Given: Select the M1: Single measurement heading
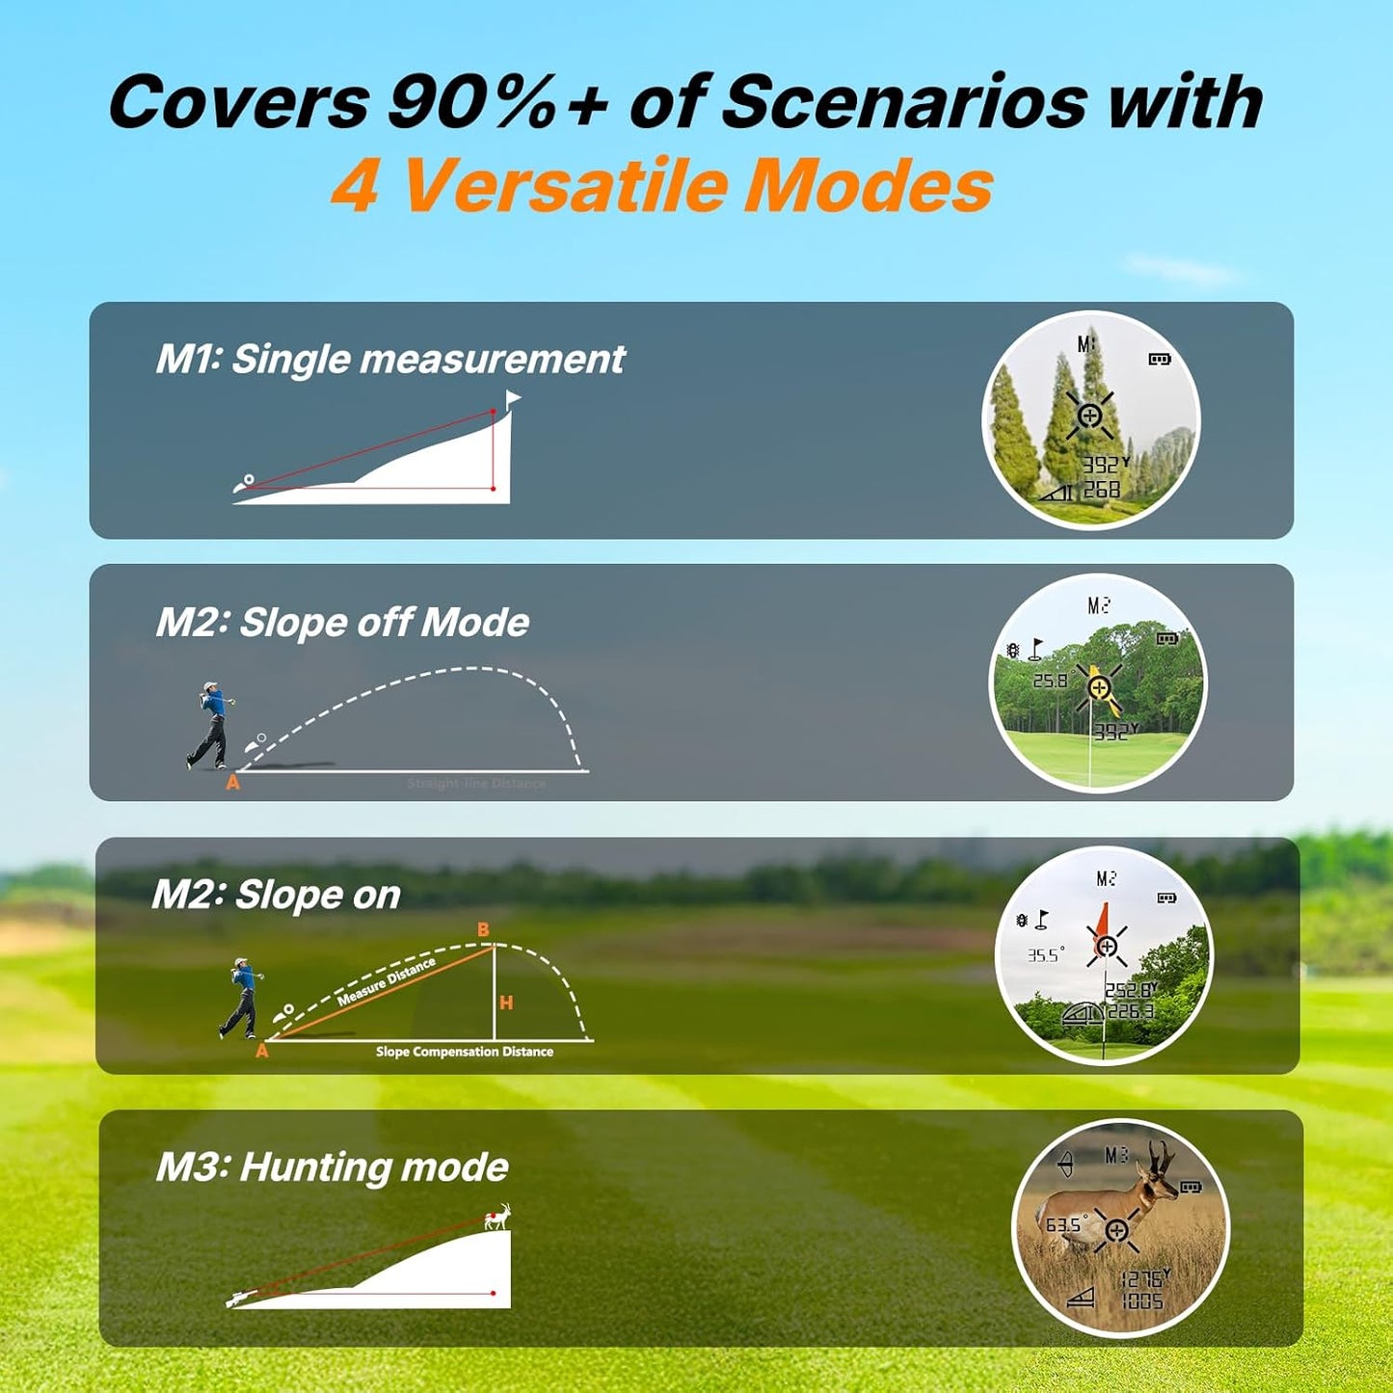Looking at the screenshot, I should [389, 360].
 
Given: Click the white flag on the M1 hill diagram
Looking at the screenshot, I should [512, 399].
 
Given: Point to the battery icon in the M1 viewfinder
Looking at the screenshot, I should [1159, 360].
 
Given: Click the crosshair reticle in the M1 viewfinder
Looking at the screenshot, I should [1089, 416].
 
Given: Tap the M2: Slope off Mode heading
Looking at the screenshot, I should [342, 623].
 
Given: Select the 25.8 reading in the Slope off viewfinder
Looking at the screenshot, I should [1050, 681].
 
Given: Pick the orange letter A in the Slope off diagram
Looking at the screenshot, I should [232, 784].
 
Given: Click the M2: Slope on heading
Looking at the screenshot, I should [276, 895].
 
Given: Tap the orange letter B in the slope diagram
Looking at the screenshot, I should [483, 930].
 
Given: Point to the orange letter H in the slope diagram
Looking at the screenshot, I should [506, 1004].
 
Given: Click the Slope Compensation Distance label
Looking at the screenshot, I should [465, 1052].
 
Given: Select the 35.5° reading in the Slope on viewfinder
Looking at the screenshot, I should [1045, 955].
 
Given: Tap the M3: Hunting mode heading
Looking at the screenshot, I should [332, 1167].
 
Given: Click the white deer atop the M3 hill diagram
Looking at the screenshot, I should [497, 1219].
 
